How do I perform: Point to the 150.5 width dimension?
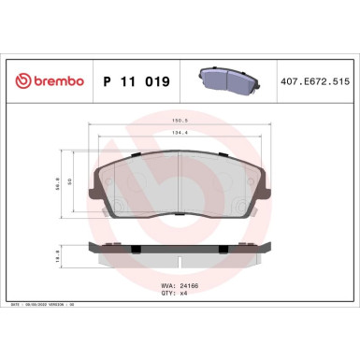click(180, 120)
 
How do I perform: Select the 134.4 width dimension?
click(180, 132)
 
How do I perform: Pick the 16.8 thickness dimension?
click(59, 252)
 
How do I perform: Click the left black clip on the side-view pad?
click(136, 248)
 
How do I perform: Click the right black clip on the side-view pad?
click(223, 248)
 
